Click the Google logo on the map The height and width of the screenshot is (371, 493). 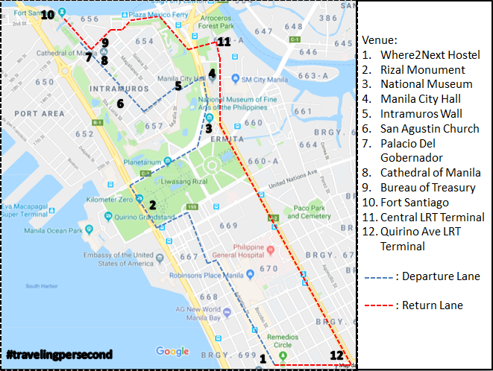tap(172, 352)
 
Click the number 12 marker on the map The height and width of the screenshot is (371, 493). tap(337, 355)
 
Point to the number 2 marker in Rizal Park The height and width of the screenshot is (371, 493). tap(152, 205)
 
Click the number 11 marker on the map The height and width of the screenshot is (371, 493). tap(224, 42)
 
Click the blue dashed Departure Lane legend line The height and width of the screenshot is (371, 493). tap(380, 276)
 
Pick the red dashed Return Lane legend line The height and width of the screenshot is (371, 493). tap(380, 305)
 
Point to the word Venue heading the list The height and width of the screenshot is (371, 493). tap(380, 39)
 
